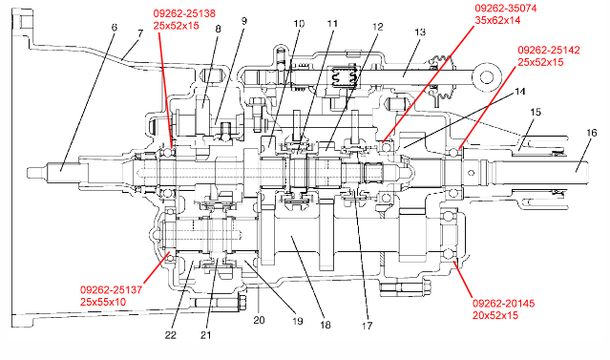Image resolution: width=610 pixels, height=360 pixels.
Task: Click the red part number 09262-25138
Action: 184,13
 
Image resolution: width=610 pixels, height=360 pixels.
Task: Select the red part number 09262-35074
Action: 505,9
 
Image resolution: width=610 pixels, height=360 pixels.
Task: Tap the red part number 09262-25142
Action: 549,51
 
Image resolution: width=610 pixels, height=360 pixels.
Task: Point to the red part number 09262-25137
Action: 112,290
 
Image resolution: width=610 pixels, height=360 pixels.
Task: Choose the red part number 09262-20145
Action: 503,303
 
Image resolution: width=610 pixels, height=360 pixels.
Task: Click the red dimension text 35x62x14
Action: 497,20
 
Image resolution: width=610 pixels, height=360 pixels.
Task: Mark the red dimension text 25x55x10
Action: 103,302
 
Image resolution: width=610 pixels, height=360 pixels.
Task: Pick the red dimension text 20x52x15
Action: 495,315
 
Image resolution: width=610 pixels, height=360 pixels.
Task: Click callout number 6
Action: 114,28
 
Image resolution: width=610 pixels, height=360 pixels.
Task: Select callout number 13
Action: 420,32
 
